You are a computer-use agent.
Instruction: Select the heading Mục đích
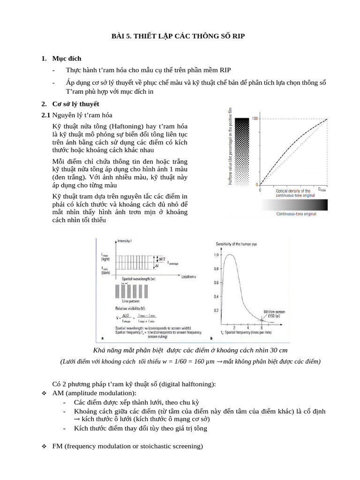click(x=67, y=59)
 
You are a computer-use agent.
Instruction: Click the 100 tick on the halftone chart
click(x=255, y=119)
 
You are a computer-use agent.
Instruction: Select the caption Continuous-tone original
click(x=295, y=214)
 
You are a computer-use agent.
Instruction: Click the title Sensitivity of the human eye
click(x=240, y=244)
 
